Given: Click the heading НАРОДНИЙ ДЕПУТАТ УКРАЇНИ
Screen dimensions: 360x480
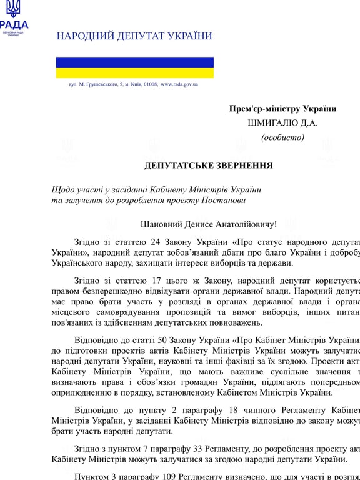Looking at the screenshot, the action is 134,36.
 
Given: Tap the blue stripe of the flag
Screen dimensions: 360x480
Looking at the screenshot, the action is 134,62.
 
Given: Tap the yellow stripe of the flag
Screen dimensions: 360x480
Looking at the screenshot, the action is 134,72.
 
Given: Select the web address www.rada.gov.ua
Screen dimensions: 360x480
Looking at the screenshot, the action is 179,84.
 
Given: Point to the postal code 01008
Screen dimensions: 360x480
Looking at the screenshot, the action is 151,84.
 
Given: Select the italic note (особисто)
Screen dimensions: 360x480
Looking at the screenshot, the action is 282,137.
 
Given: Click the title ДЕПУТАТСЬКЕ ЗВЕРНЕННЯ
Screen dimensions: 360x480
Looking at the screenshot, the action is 208,166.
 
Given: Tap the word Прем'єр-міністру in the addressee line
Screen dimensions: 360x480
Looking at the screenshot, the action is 260,109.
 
